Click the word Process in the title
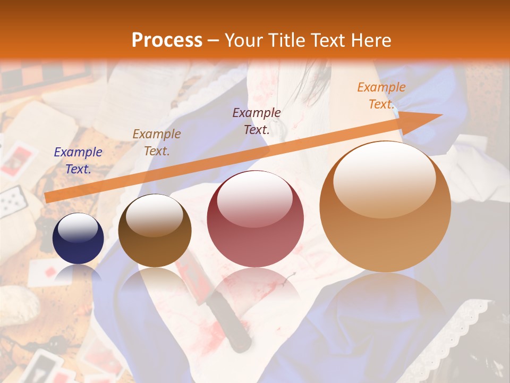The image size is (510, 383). point(167,40)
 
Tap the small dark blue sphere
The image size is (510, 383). point(78,239)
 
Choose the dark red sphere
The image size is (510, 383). point(255,219)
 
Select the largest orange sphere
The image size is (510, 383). point(385,207)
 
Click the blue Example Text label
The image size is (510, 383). point(78,161)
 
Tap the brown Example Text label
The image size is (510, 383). point(157,143)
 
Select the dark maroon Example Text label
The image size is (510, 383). point(257,121)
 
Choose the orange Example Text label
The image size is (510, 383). point(381,96)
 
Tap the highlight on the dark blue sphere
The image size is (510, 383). point(78,228)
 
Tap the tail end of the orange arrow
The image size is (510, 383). point(48,198)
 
